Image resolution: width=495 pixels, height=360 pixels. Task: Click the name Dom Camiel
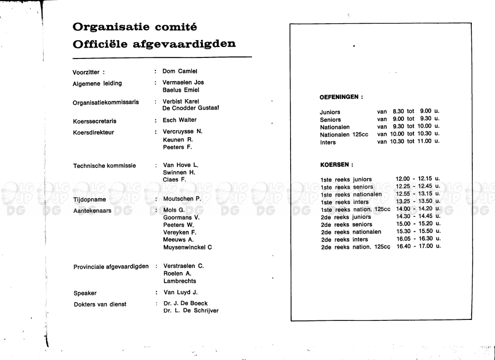(x=180, y=71)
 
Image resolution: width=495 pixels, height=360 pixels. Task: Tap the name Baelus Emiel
(x=181, y=90)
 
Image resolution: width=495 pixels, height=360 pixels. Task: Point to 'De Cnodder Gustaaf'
(x=191, y=108)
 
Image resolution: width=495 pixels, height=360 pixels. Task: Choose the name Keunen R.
(x=178, y=140)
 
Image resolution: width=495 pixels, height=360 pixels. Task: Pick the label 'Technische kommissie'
(x=104, y=166)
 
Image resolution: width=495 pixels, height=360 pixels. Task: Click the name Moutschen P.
(x=182, y=199)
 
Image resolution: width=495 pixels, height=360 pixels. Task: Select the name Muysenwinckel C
(x=187, y=247)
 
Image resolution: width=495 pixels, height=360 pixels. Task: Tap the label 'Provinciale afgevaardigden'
(x=111, y=266)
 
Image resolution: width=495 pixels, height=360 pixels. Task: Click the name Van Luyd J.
(x=180, y=292)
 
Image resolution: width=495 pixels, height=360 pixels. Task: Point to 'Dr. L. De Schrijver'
(x=191, y=310)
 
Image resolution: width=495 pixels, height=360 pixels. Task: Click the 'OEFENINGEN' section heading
(x=341, y=97)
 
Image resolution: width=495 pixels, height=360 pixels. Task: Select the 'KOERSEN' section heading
(x=337, y=164)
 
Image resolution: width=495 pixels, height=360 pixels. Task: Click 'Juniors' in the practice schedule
(x=330, y=112)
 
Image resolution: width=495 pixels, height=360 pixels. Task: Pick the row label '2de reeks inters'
(x=345, y=240)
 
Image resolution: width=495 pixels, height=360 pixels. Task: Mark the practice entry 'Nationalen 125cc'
(x=344, y=135)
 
